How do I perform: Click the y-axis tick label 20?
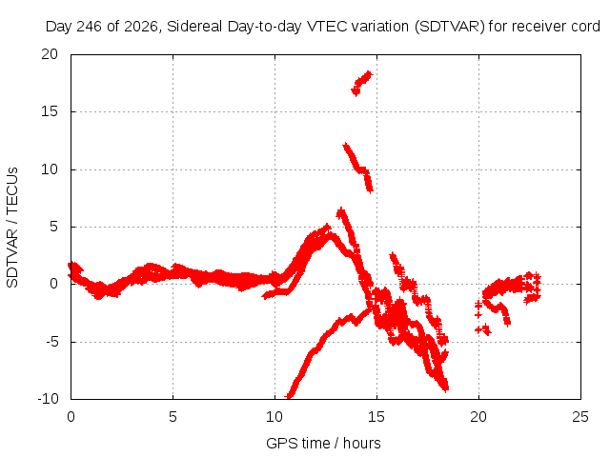pos(50,54)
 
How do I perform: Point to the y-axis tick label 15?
pos(50,111)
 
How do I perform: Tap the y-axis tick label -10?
pos(48,399)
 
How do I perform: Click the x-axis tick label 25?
pos(580,417)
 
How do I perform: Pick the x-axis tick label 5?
pos(173,417)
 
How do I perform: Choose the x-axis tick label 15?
pos(376,417)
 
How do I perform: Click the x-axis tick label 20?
pos(478,417)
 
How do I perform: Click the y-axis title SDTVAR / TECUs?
pos(12,228)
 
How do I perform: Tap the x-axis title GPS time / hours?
pos(323,443)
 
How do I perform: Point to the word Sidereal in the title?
pos(194,27)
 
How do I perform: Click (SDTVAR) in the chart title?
pos(449,27)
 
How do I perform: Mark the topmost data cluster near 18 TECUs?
pos(362,83)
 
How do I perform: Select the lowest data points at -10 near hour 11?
pos(289,396)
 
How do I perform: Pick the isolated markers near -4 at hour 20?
pos(483,330)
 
